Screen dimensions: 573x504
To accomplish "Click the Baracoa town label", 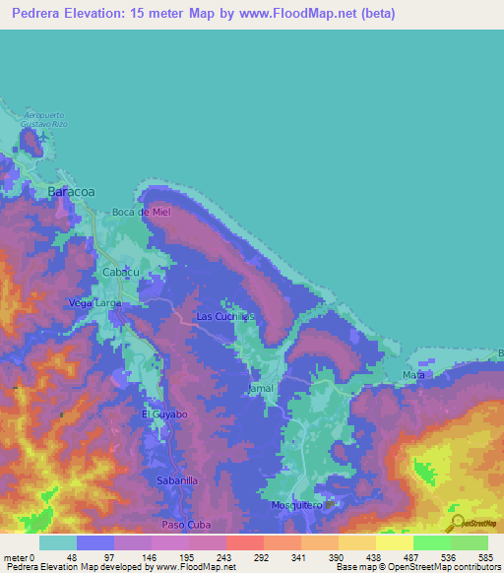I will coord(72,192).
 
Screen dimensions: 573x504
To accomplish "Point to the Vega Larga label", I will coord(94,303).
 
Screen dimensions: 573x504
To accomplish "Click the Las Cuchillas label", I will coord(225,316).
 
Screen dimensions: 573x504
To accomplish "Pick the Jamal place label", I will coord(260,389).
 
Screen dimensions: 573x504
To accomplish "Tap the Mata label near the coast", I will coord(413,376).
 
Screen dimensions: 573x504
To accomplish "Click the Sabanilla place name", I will coord(177,480).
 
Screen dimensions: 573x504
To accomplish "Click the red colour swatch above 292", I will coord(244,542).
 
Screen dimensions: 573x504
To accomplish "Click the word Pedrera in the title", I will coord(38,11).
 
